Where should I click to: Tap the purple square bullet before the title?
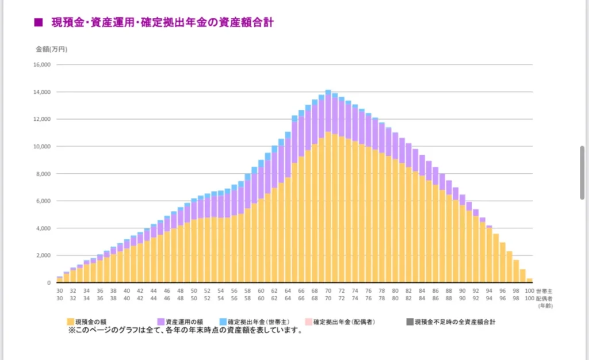point(39,23)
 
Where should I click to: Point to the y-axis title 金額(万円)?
point(51,49)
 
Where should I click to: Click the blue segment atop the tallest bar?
point(328,92)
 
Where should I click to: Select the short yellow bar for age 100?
point(529,280)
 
